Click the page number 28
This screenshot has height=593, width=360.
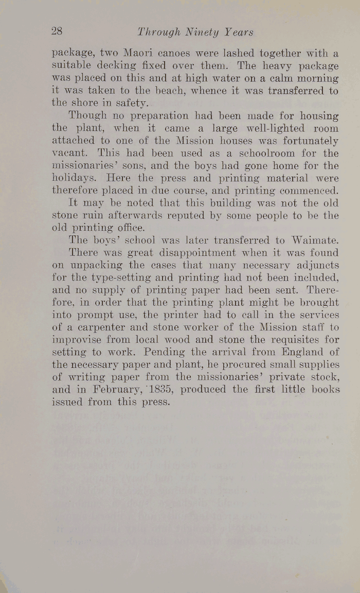click(x=57, y=31)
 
